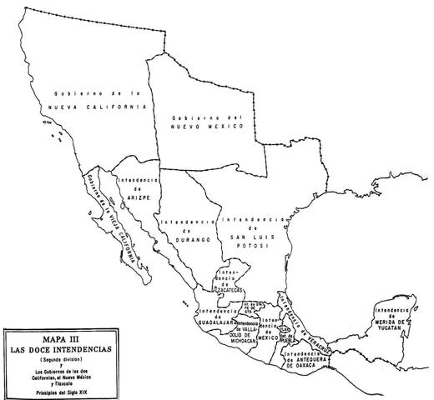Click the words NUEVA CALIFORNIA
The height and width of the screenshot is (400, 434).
[97, 107]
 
